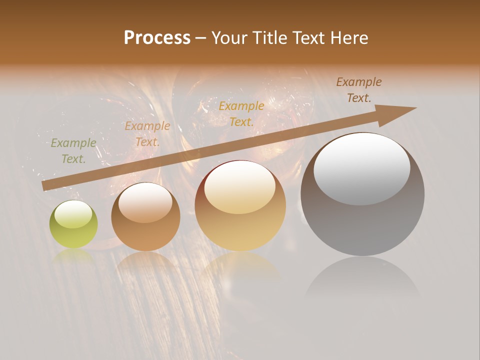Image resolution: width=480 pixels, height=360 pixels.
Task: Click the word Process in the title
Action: (x=157, y=38)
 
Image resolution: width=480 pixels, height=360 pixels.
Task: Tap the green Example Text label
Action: (x=73, y=151)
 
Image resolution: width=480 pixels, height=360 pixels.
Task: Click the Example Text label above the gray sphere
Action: (x=359, y=90)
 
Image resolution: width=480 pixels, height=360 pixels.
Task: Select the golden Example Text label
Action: (x=241, y=113)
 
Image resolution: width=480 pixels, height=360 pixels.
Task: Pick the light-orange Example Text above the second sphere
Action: (x=147, y=134)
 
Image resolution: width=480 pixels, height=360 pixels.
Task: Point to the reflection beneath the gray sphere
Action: (x=362, y=280)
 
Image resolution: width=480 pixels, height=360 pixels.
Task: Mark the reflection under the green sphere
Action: (x=73, y=255)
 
